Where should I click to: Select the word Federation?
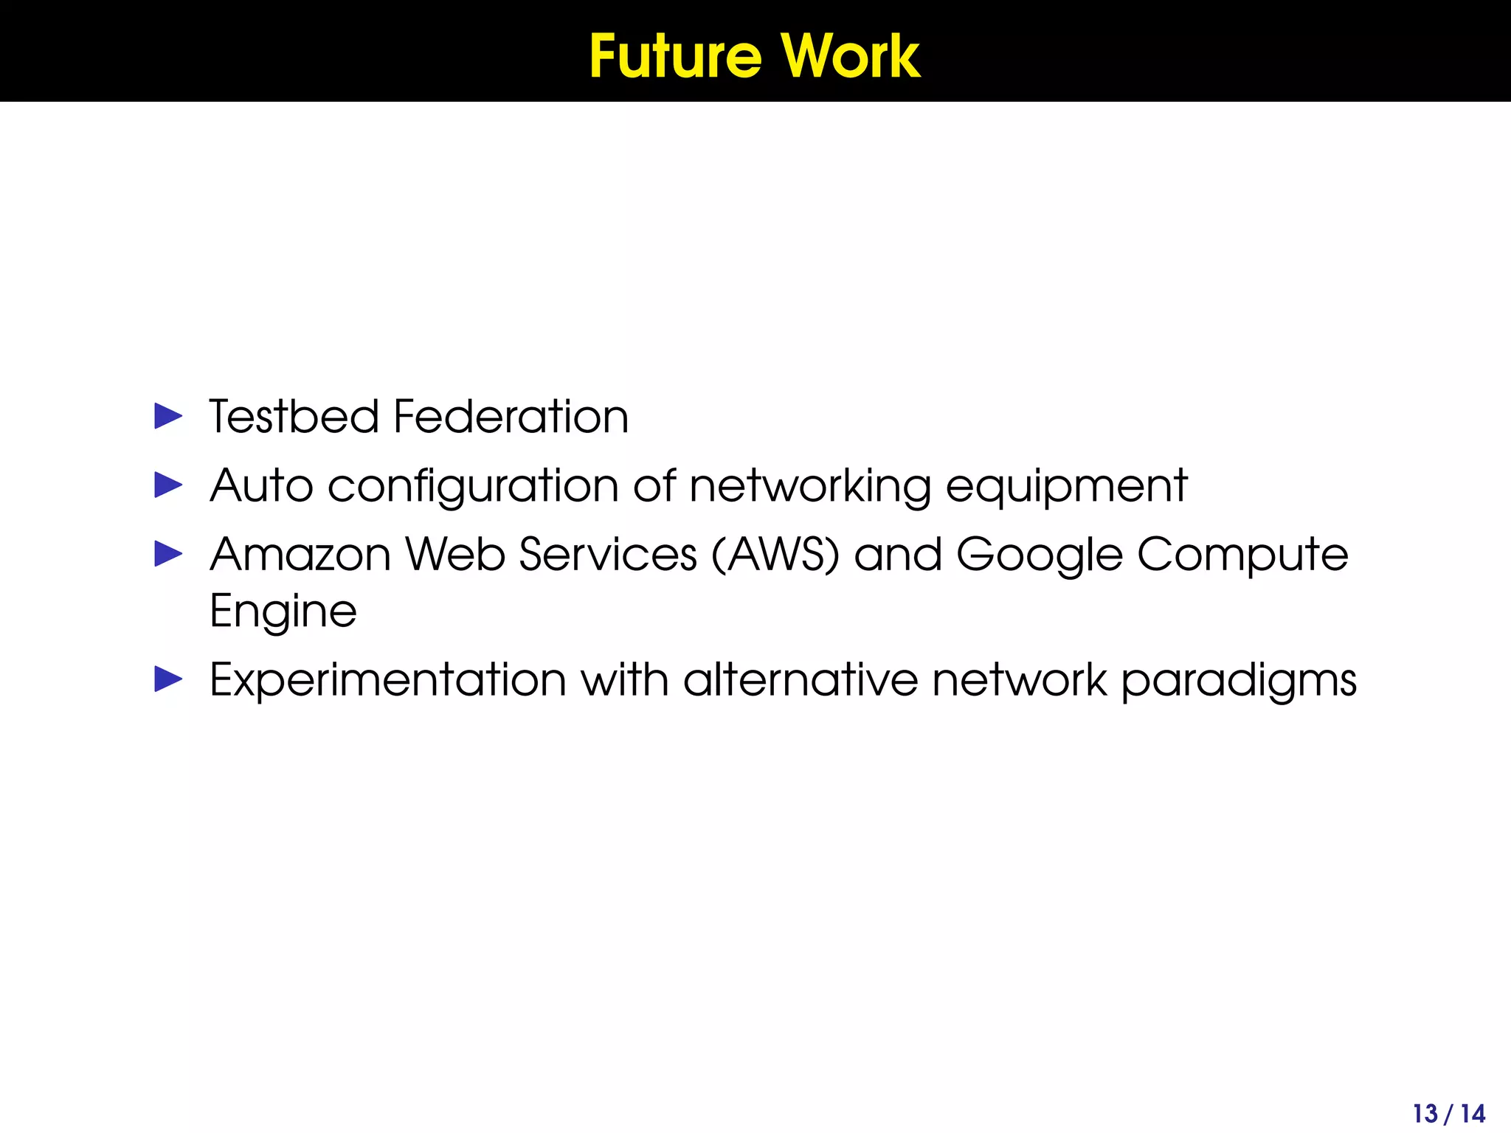point(511,417)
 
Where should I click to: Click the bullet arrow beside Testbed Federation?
point(168,417)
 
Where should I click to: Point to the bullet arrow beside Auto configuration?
point(168,485)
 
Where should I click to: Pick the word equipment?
point(1066,487)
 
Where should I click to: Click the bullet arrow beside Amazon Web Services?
point(168,554)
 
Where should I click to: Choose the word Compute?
point(1242,556)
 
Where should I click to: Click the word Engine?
point(283,612)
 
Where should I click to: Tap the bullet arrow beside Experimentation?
point(168,679)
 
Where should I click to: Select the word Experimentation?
point(387,681)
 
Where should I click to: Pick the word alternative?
point(801,679)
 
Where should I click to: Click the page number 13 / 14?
point(1449,1113)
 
